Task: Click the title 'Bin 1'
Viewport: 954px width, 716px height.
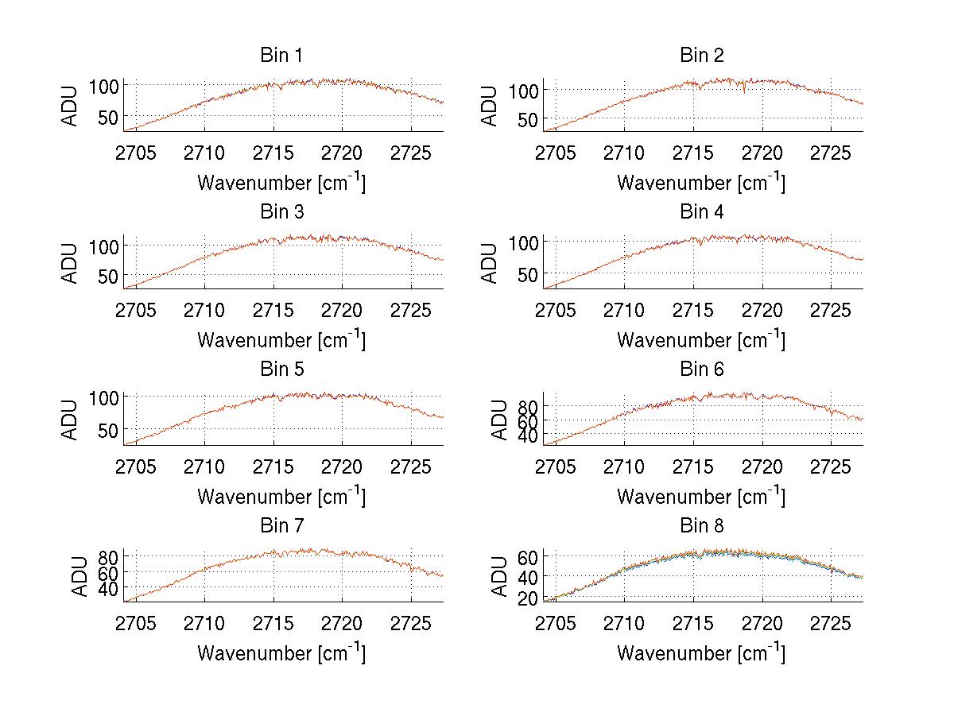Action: (x=281, y=56)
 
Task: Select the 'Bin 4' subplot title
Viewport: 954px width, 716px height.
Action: (x=701, y=212)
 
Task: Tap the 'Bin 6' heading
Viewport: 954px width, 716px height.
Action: (x=701, y=370)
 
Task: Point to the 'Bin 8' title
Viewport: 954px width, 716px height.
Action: (x=701, y=526)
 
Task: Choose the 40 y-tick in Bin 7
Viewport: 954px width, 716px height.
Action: (x=109, y=588)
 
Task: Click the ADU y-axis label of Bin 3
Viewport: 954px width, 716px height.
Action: (x=71, y=262)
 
